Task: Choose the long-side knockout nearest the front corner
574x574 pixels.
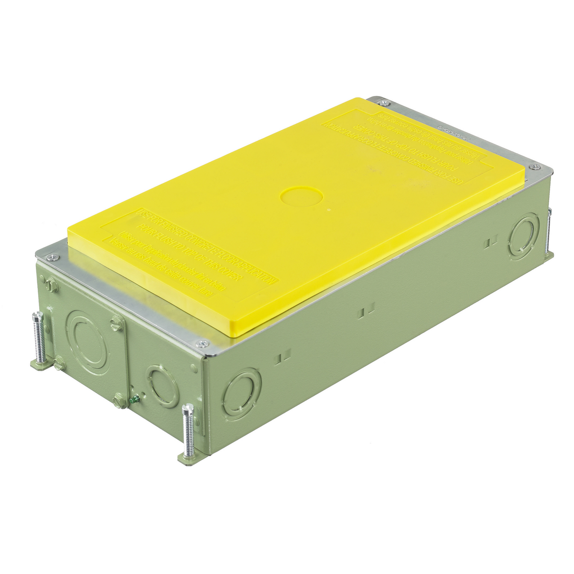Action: [x=242, y=393]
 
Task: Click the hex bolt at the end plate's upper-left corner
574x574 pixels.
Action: [x=52, y=286]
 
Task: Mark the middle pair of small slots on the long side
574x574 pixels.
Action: [x=368, y=312]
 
